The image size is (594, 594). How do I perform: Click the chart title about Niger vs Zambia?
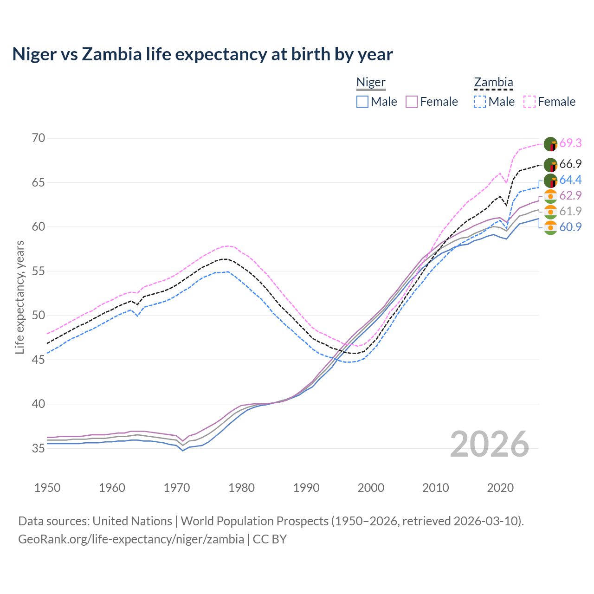[202, 54]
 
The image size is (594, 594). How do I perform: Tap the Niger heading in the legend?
[371, 83]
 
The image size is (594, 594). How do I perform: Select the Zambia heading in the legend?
[493, 83]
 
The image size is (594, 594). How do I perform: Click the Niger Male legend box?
[362, 102]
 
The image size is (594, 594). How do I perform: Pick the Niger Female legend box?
[412, 102]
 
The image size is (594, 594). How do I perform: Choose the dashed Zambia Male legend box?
[480, 102]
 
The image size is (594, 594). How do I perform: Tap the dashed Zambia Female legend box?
[529, 102]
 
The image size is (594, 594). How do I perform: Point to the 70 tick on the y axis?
[39, 138]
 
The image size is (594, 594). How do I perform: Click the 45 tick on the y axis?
[39, 360]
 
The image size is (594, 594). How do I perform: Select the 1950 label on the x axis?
[47, 488]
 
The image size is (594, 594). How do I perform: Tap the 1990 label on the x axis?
[306, 488]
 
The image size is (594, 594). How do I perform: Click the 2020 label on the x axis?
[500, 488]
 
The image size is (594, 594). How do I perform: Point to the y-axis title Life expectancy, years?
[19, 297]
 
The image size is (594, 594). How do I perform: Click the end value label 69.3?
[570, 143]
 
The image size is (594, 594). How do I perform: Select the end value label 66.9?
[570, 164]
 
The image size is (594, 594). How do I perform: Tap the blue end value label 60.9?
[570, 227]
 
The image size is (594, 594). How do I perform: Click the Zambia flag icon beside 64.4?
[550, 181]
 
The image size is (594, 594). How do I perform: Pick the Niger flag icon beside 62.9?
[550, 196]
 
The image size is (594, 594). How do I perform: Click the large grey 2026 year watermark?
[489, 444]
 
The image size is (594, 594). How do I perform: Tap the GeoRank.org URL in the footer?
[131, 539]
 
